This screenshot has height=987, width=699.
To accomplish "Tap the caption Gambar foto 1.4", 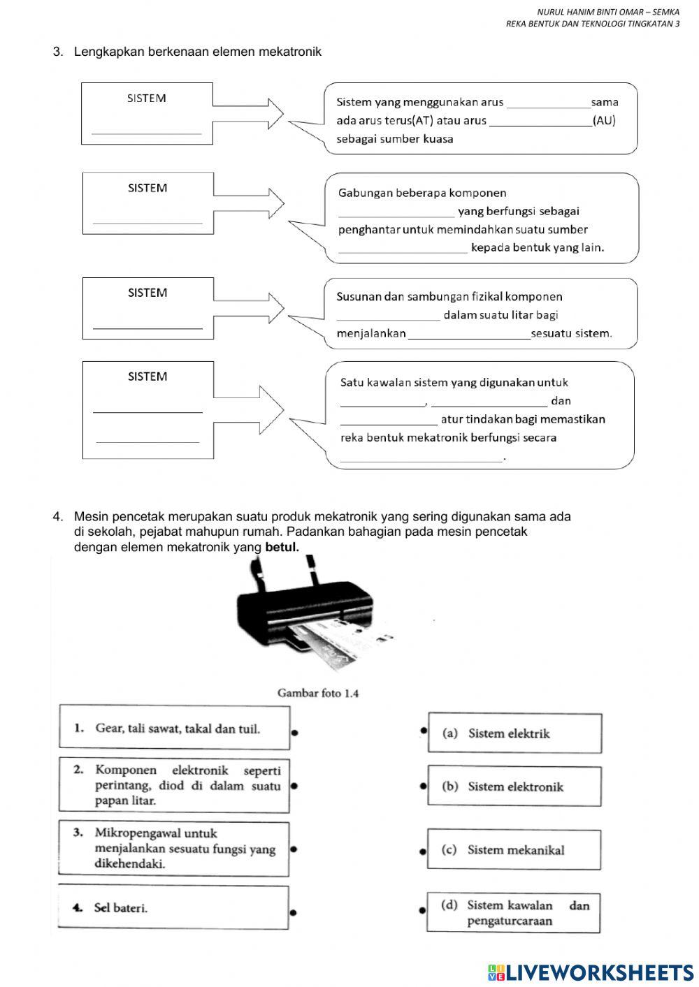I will point(318,693).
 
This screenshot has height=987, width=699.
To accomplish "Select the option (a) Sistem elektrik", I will point(514,733).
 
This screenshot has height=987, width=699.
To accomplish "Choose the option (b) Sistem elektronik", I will point(514,787).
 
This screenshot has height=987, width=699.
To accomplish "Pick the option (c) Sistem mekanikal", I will point(514,849).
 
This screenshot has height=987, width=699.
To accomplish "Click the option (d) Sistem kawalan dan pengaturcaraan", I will point(514,913).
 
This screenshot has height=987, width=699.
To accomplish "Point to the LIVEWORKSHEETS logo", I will point(591,972).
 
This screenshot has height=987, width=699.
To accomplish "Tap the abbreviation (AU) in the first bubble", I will point(604,120).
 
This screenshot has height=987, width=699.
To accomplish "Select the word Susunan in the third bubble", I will point(359,296).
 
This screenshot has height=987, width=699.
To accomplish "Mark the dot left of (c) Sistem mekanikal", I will point(422,851).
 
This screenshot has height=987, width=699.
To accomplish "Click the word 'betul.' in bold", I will point(282,548).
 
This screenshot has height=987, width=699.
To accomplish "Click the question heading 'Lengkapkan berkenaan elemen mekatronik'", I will point(197,52).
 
